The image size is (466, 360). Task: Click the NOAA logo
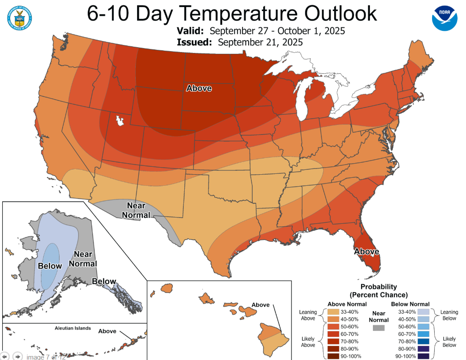tap(445, 17)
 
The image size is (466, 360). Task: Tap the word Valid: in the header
tap(190, 31)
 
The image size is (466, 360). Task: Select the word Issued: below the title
tap(194, 42)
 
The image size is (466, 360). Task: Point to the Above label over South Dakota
tap(199, 88)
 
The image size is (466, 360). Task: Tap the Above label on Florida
tap(367, 251)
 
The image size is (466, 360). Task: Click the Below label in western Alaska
tap(50, 266)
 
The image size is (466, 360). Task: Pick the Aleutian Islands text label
tap(73, 328)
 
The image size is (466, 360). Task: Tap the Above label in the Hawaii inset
tap(260, 305)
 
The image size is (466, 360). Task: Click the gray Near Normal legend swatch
tap(378, 328)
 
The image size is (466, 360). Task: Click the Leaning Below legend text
tap(449, 315)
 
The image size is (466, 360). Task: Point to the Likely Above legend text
tap(308, 341)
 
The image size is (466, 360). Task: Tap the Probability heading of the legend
tap(379, 287)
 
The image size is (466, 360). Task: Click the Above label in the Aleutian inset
tap(107, 331)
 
